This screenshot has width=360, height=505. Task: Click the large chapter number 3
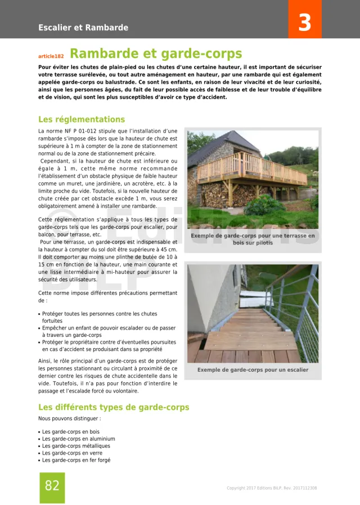(304, 22)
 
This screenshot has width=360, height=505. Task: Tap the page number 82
(52, 486)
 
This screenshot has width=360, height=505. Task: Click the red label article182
(51, 56)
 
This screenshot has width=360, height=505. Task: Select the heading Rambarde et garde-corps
(156, 54)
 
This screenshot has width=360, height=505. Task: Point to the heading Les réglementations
(82, 119)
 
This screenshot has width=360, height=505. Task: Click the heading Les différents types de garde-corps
(114, 407)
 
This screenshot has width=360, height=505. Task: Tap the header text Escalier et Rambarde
(83, 28)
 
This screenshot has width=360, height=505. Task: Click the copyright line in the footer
(271, 488)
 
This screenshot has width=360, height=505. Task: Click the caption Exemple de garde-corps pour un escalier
(253, 370)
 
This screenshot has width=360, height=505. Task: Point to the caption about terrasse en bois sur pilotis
(253, 239)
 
